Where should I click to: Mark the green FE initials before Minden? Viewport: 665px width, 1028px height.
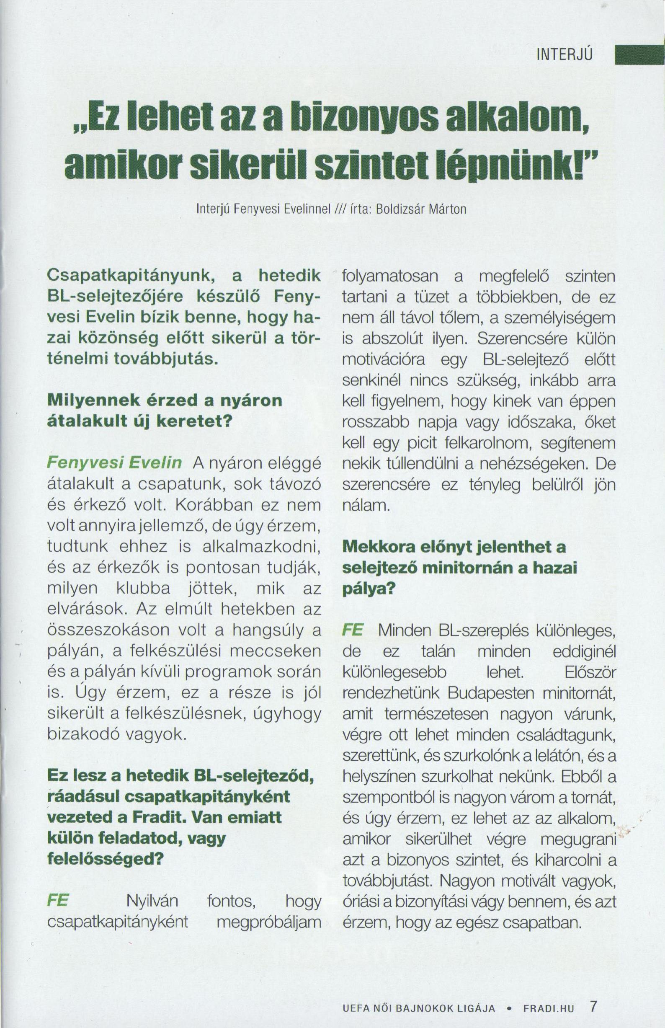click(352, 630)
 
